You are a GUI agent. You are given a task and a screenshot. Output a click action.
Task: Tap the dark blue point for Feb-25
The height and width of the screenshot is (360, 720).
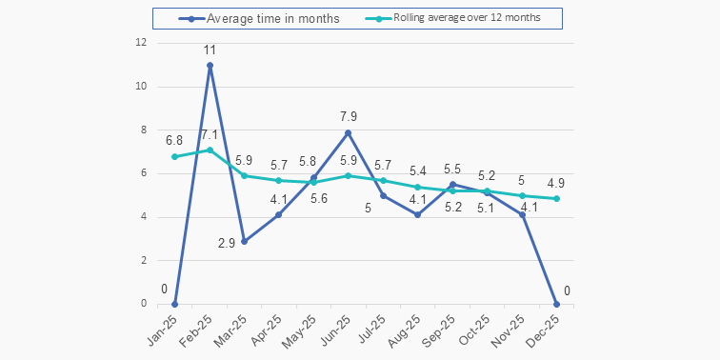pyautogui.click(x=210, y=65)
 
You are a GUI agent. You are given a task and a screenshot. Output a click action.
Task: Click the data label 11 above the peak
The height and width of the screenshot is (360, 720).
pyautogui.click(x=210, y=50)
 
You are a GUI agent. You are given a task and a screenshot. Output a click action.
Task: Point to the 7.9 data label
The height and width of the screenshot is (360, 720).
pyautogui.click(x=349, y=116)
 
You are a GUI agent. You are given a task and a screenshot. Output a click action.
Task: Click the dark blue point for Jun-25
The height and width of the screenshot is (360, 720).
pyautogui.click(x=349, y=132)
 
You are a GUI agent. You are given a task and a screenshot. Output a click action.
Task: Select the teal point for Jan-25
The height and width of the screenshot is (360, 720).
pyautogui.click(x=174, y=156)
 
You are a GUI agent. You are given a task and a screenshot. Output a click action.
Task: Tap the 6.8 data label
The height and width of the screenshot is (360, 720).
pyautogui.click(x=174, y=140)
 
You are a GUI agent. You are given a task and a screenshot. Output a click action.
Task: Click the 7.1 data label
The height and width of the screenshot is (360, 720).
pyautogui.click(x=210, y=134)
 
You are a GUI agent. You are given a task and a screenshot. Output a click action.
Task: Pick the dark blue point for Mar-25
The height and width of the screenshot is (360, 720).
pyautogui.click(x=244, y=241)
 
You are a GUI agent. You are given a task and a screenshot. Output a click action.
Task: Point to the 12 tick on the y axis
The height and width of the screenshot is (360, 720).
pyautogui.click(x=141, y=43)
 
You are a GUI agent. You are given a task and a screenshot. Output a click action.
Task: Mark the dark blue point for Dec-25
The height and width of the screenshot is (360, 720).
pyautogui.click(x=556, y=304)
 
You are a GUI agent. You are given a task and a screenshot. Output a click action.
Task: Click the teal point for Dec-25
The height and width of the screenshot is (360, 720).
pyautogui.click(x=556, y=198)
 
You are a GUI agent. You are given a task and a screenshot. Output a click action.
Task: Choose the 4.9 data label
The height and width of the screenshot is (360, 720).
pyautogui.click(x=556, y=182)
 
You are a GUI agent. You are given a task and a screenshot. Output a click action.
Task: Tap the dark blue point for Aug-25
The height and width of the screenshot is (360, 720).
pyautogui.click(x=418, y=215)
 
